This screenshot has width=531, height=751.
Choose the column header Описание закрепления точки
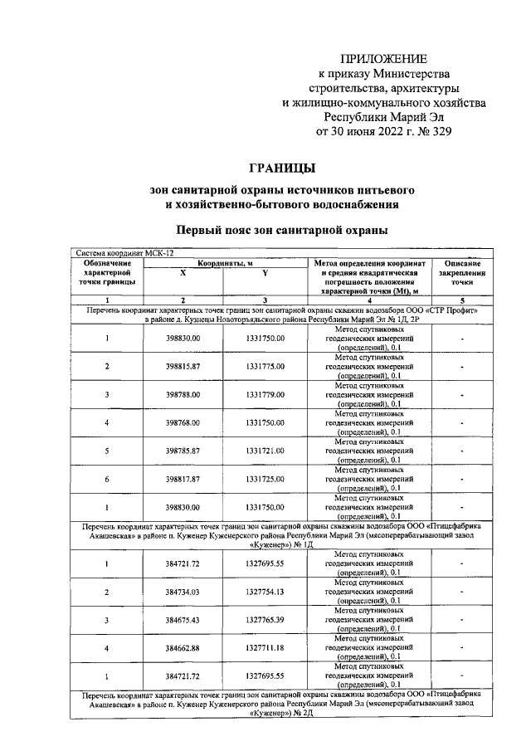[462, 273]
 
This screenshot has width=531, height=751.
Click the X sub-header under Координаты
[183, 273]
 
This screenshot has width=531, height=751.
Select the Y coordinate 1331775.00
[265, 366]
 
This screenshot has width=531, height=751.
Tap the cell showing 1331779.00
[265, 394]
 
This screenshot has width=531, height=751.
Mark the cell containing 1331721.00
[265, 451]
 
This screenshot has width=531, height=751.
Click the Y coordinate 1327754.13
[265, 592]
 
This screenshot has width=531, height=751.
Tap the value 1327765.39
[265, 620]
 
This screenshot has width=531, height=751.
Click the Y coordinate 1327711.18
[265, 648]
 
